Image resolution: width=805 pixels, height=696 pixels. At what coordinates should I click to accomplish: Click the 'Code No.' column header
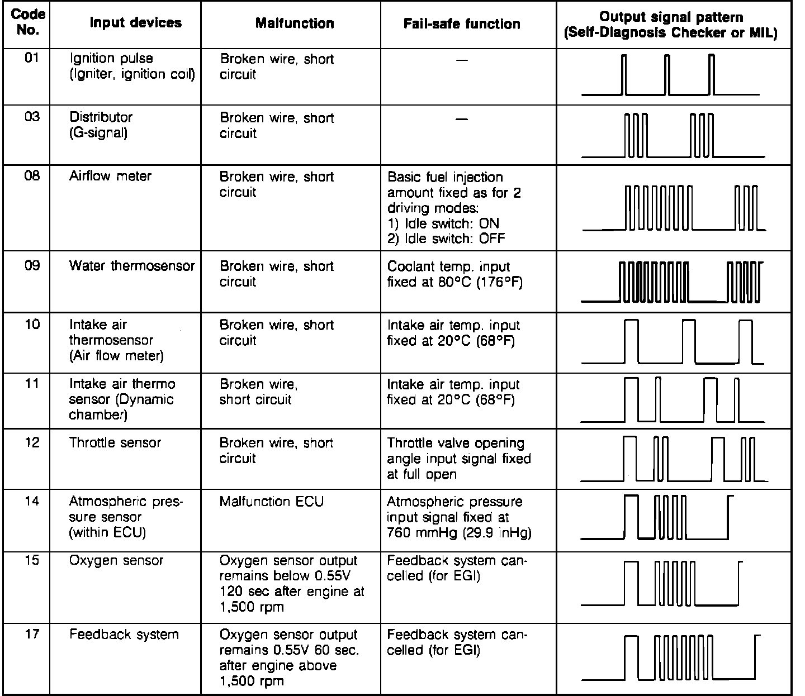(28, 22)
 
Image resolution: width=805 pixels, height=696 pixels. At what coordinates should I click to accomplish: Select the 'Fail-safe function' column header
(461, 24)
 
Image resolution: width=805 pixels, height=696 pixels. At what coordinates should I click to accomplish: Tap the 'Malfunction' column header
(295, 23)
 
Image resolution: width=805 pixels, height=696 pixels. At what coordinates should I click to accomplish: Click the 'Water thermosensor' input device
(132, 266)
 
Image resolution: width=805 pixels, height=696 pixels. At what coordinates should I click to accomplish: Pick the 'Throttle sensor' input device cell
(115, 443)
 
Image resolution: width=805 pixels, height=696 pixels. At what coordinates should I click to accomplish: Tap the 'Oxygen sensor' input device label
(116, 560)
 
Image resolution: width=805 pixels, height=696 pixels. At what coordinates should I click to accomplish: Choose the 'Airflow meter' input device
(110, 177)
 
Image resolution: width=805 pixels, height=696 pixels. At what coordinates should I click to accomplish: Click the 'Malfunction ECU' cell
(272, 502)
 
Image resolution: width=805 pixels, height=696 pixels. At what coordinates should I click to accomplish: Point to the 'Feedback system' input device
(124, 635)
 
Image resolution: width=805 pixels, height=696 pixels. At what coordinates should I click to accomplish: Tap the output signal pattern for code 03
(673, 135)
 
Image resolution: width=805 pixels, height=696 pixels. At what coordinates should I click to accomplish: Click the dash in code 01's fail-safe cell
(462, 60)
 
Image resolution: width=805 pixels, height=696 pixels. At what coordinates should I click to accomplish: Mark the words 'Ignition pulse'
(111, 59)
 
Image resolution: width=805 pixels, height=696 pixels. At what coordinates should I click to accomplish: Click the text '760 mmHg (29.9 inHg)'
(459, 533)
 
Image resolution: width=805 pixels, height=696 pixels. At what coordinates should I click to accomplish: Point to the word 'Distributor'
(101, 117)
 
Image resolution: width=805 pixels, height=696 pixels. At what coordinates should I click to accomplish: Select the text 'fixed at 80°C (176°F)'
(454, 282)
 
